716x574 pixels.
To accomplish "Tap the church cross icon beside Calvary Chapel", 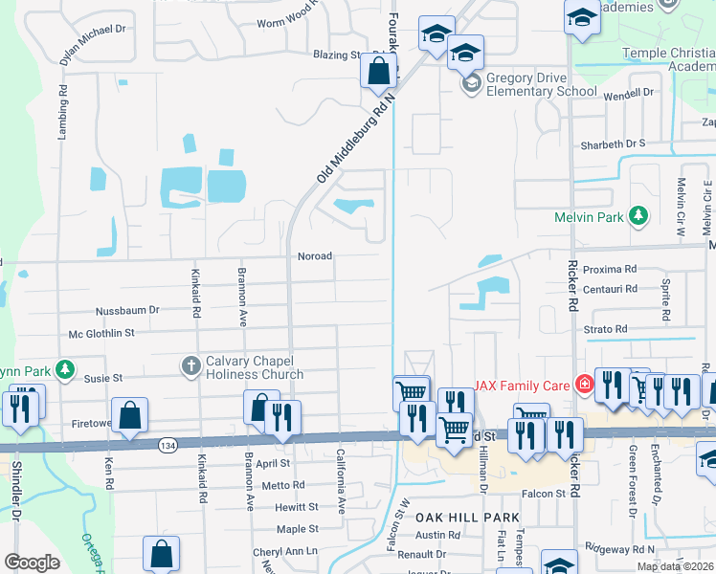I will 190,364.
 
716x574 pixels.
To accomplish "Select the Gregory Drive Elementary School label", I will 541,85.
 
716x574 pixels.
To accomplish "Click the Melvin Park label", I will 589,217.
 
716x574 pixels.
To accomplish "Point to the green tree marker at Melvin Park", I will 638,217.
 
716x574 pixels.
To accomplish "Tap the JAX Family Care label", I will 523,384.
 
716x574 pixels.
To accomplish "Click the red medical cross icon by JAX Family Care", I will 583,384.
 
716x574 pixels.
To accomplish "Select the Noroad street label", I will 315,256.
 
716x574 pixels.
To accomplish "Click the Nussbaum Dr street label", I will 126,311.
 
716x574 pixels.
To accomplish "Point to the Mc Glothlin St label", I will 101,333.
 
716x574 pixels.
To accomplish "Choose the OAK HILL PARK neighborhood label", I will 466,518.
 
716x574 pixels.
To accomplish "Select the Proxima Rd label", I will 609,270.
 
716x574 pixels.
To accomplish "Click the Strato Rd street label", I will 605,329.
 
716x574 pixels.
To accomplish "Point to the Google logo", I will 32,563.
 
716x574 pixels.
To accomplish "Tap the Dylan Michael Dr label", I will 93,44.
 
